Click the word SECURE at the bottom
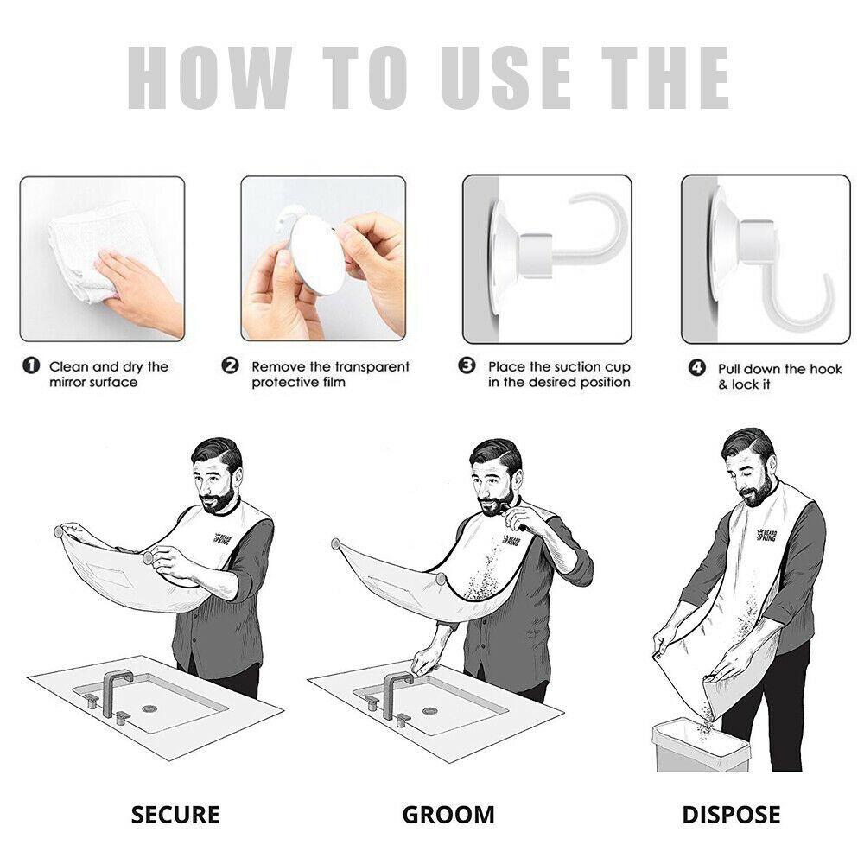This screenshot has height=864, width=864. (175, 814)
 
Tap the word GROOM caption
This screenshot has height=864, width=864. (448, 814)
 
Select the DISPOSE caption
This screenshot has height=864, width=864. (731, 814)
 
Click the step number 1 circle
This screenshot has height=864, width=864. (30, 366)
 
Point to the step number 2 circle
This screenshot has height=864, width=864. (231, 366)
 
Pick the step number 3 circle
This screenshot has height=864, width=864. (467, 366)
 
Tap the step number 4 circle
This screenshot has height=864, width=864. (696, 369)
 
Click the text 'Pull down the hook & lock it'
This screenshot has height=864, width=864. (778, 377)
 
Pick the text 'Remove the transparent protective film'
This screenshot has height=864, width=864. (330, 374)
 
